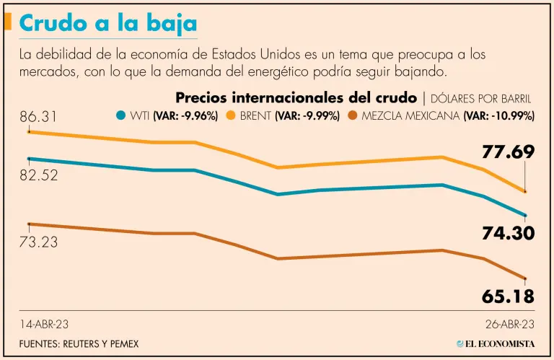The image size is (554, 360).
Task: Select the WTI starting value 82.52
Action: coord(39,175)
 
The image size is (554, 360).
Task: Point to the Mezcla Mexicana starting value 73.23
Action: coord(39,242)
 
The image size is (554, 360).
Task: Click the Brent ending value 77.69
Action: coord(509,152)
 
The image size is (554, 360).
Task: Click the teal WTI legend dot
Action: coord(121,115)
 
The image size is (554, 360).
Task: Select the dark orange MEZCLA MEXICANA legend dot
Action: coord(353,115)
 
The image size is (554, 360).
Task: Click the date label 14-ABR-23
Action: coord(44,324)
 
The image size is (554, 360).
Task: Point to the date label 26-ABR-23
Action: coord(509,324)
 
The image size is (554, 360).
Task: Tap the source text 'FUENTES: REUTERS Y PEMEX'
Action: coord(79,343)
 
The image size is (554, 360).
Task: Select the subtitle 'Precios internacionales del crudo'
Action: coord(296,97)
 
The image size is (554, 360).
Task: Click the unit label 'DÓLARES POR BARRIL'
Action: coord(481,98)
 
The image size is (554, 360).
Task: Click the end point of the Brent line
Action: coord(526,191)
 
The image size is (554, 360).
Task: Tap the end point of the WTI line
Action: coord(526,215)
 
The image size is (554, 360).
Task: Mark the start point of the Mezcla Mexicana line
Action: coord(28,224)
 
